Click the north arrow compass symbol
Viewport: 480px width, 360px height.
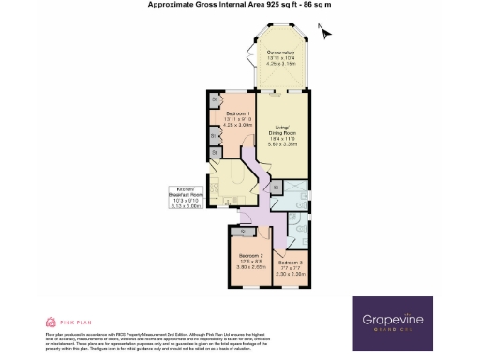click(x=324, y=32)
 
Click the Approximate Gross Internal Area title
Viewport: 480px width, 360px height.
click(x=240, y=5)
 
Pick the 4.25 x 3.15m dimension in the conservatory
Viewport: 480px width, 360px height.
click(x=280, y=65)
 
